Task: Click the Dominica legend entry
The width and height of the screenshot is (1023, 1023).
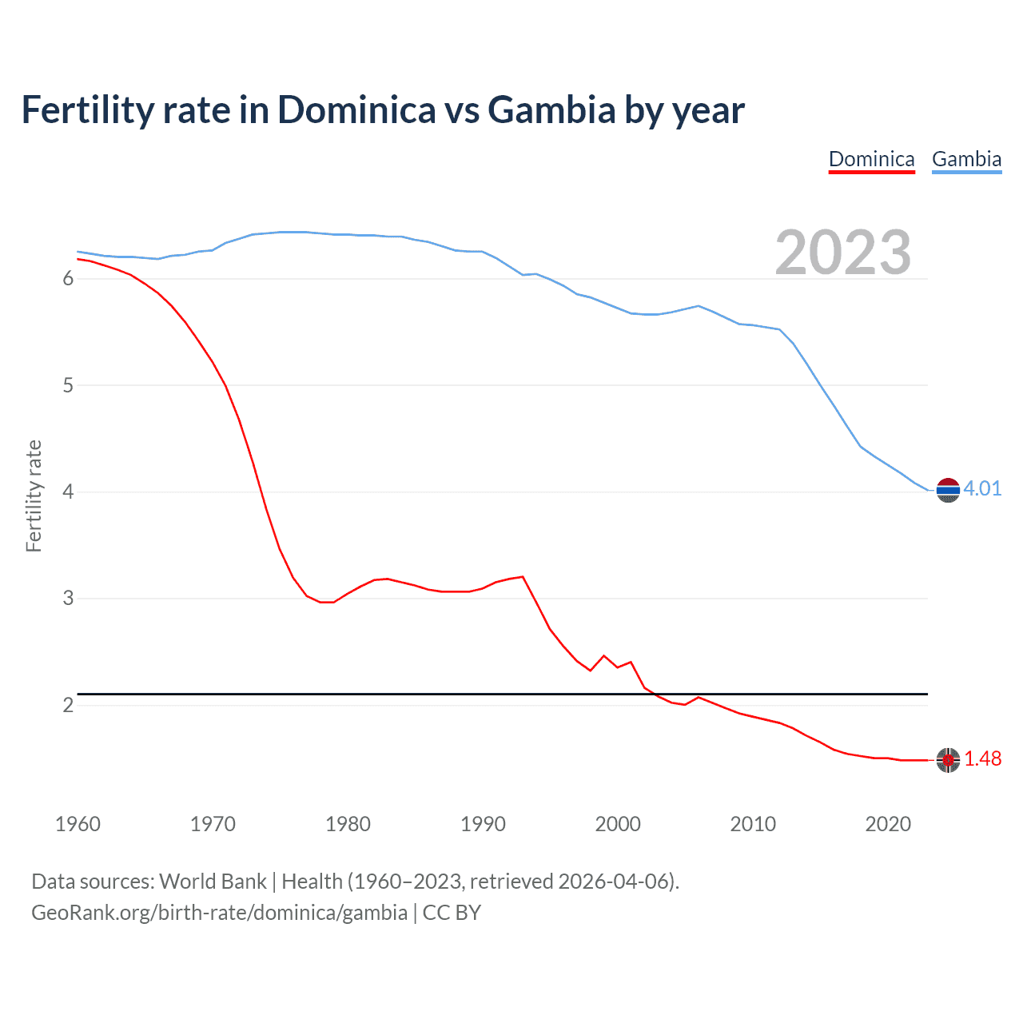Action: tap(871, 159)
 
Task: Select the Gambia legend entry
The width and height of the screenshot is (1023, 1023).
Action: tap(966, 159)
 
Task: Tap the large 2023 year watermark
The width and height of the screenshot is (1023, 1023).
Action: tap(843, 253)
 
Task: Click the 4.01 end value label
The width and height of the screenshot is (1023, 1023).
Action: tap(982, 488)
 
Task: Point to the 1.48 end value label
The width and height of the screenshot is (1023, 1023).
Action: tap(982, 758)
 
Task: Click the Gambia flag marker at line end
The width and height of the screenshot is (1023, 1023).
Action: tap(948, 490)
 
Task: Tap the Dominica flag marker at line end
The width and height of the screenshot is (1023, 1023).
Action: tap(948, 760)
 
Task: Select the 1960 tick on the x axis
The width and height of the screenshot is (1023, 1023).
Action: tap(78, 824)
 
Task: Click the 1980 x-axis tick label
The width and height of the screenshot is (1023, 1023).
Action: tap(348, 824)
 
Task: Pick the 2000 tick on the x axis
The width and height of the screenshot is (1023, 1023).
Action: tap(618, 824)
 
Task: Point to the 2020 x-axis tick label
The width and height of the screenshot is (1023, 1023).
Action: tap(888, 824)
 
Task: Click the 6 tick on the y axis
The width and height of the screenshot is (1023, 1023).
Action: tap(68, 278)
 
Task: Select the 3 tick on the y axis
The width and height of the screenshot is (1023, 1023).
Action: tap(68, 598)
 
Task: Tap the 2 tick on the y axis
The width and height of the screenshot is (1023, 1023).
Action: tap(68, 705)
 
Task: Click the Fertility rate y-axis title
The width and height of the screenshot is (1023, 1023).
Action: tap(34, 496)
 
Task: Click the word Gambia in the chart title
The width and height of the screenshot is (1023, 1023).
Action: tap(551, 110)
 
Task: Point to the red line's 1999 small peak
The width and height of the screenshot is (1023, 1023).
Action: tap(604, 656)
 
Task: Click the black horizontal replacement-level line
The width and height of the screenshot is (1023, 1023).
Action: tap(400, 694)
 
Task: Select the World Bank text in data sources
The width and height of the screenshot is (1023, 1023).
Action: tap(213, 882)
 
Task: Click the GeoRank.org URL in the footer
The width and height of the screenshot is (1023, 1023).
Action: tap(219, 913)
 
